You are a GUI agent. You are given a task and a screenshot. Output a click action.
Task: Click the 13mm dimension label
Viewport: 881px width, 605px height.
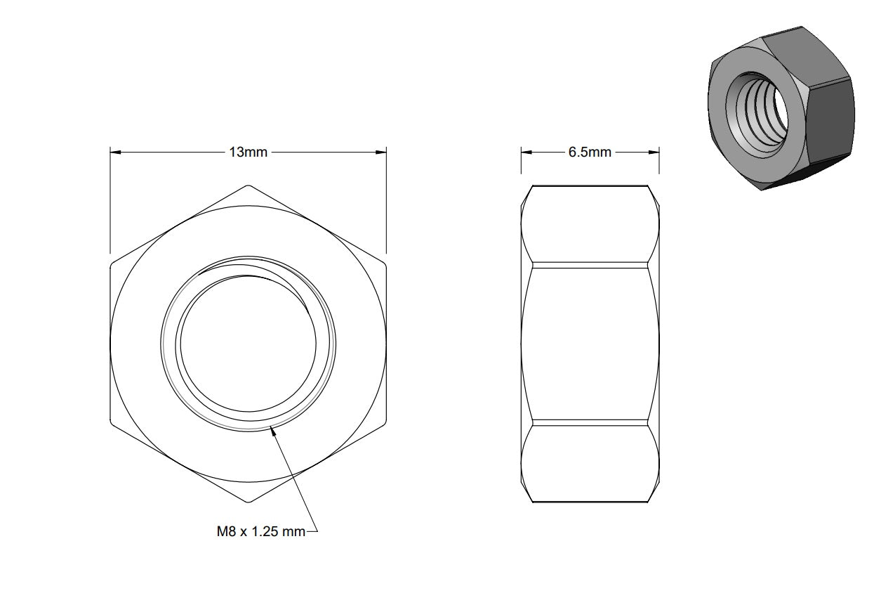coord(249,152)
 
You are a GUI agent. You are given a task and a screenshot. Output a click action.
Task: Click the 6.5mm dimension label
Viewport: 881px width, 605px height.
coord(590,152)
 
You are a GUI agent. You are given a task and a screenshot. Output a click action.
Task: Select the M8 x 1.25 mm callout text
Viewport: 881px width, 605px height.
coord(261,532)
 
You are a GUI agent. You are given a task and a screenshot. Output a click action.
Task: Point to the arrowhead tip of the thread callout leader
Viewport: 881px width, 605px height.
coord(271,427)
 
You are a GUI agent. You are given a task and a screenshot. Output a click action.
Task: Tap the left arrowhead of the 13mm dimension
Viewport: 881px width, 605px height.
coord(111,152)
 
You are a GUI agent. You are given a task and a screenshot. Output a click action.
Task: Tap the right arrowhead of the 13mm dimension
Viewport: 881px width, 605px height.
coord(386,152)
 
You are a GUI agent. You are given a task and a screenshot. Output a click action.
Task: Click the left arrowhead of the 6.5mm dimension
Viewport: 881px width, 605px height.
coord(522,152)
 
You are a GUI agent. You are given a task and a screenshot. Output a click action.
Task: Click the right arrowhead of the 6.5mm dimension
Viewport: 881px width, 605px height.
coord(658,152)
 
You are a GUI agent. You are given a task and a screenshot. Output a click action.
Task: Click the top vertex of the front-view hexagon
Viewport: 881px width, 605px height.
coord(249,185)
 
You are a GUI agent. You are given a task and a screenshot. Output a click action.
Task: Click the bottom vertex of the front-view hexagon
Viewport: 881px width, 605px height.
coord(249,502)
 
